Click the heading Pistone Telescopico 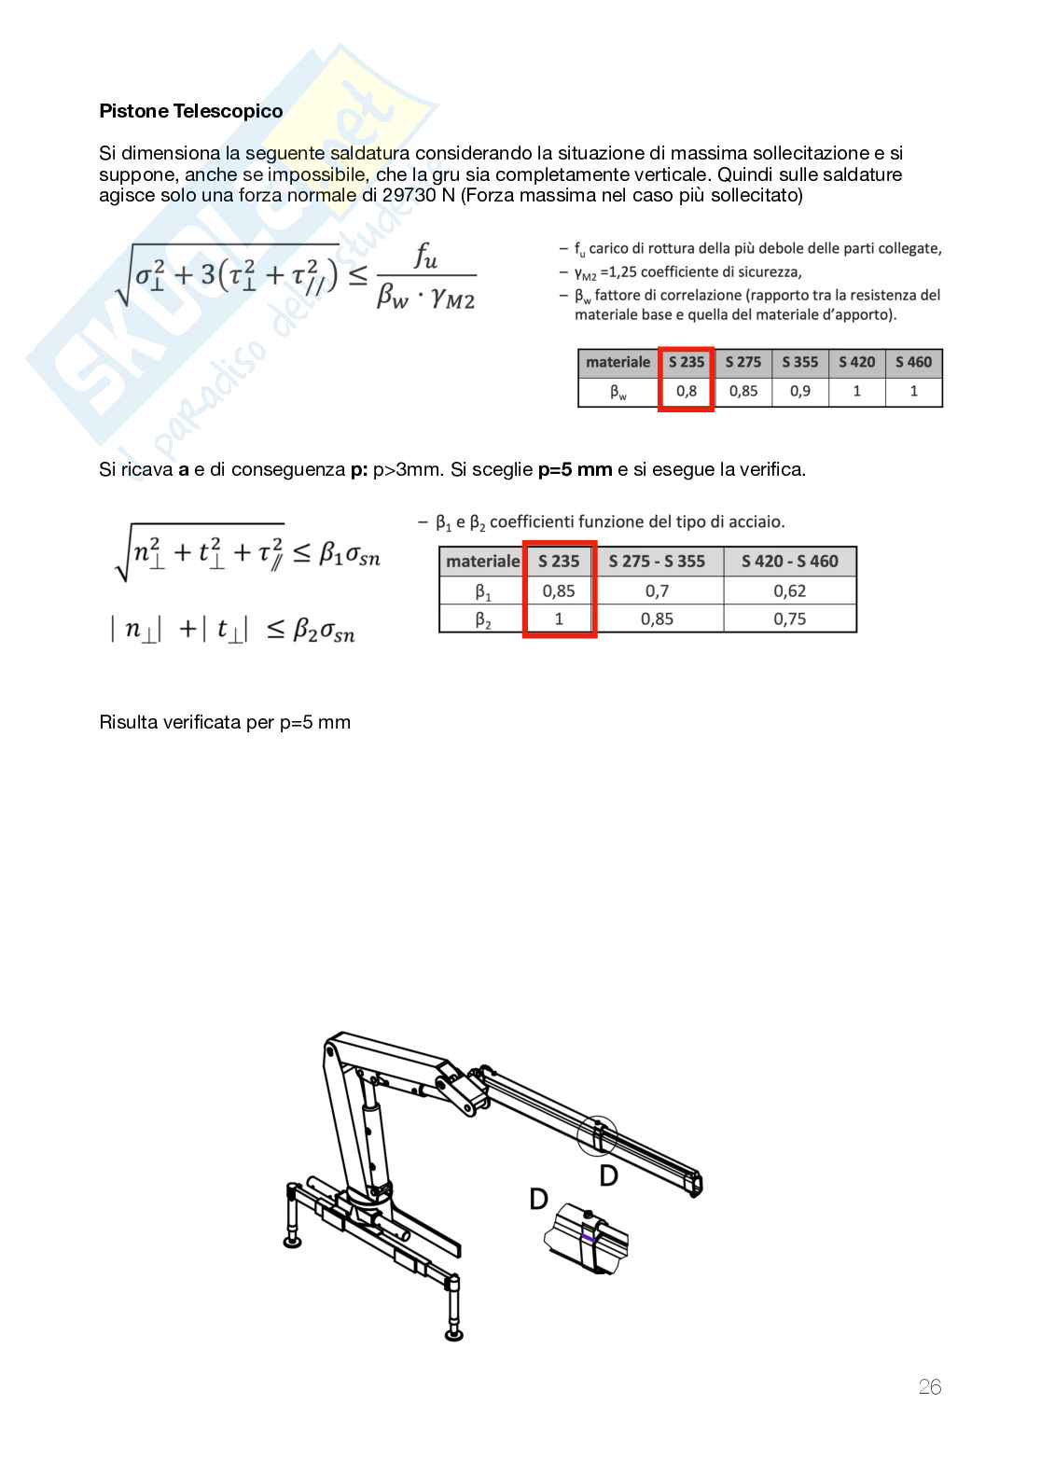click(x=190, y=111)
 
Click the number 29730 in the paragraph click(x=409, y=195)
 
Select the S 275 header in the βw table click(x=743, y=362)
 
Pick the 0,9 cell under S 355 click(x=799, y=391)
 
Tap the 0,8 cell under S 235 click(x=686, y=391)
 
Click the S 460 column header click(x=913, y=362)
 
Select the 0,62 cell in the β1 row click(x=789, y=591)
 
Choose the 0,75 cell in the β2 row click(x=789, y=618)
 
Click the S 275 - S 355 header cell click(x=657, y=562)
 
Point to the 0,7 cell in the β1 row click(x=657, y=591)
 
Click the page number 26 click(x=930, y=1387)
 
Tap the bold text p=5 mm click(x=575, y=469)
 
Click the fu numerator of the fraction click(x=425, y=256)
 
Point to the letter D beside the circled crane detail click(x=609, y=1175)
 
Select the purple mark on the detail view click(x=589, y=1238)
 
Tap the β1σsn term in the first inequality click(x=350, y=554)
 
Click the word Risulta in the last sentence click(x=128, y=722)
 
